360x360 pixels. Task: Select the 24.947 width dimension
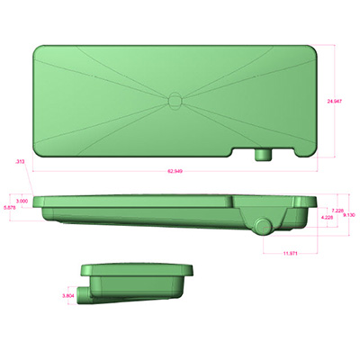[x=335, y=101]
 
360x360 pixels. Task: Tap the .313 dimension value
[x=20, y=161]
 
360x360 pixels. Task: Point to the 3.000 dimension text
[x=22, y=201]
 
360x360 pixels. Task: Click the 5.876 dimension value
[x=10, y=208]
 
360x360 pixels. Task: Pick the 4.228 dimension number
[x=327, y=218]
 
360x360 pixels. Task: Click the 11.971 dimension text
[x=290, y=255]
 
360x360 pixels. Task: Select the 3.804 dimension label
[x=67, y=295]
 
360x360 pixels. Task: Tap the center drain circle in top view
[x=175, y=99]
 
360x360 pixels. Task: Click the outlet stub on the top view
[x=264, y=155]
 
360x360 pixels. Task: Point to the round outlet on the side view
[x=262, y=225]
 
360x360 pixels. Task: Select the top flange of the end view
[x=139, y=269]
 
